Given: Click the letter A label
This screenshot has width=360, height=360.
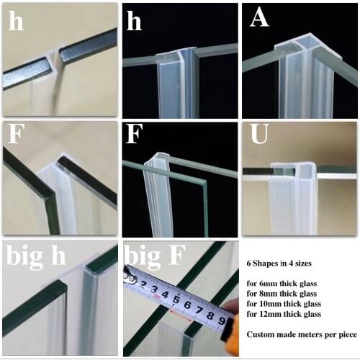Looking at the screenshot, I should [x=259, y=19].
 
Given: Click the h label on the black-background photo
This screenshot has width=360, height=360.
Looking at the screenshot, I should [x=134, y=22].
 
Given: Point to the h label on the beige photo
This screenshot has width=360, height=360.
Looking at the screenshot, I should [x=15, y=22].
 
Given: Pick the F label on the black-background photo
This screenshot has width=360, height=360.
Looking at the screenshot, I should [x=135, y=136].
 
